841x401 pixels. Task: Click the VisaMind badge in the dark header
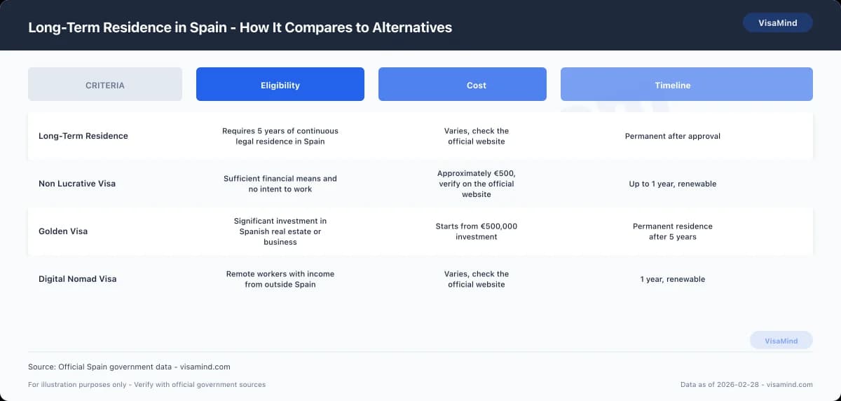point(777,22)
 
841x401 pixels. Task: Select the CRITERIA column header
point(105,85)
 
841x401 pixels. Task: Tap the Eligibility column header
point(280,85)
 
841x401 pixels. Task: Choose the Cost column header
point(477,85)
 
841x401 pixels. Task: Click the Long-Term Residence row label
point(83,136)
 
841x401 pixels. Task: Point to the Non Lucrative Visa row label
point(77,184)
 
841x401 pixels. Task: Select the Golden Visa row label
point(63,231)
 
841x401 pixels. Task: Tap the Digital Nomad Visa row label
point(77,279)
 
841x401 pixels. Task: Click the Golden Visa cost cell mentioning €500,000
point(477,231)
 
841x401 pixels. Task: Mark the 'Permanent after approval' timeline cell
point(673,136)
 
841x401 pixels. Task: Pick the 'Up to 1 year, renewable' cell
point(673,184)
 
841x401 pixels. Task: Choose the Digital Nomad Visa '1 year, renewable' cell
point(673,279)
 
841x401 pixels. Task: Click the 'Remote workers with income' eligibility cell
point(280,279)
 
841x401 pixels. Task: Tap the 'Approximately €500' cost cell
point(477,184)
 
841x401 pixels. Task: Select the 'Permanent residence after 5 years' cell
point(673,231)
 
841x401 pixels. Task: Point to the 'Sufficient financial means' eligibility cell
point(280,184)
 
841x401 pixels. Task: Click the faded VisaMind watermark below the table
point(781,341)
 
